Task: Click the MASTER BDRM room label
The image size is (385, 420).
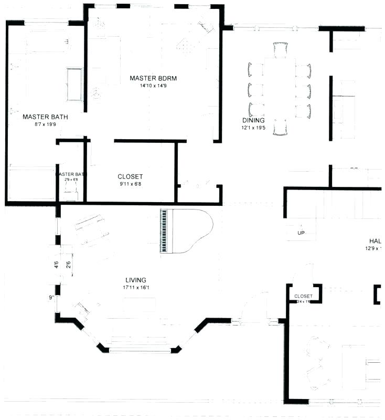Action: click(153, 79)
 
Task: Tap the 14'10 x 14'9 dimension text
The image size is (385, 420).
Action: click(153, 86)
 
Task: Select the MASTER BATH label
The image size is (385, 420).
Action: click(45, 117)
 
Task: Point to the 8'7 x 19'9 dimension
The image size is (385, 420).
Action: click(45, 124)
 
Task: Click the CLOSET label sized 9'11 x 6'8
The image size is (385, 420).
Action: click(130, 177)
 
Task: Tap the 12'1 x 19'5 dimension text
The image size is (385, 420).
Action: click(254, 128)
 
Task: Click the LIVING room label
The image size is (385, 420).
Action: click(135, 280)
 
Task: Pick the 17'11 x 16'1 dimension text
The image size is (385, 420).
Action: click(135, 287)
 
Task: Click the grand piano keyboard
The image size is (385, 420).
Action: click(165, 231)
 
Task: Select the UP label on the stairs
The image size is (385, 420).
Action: click(301, 233)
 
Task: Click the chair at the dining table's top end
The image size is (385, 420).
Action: click(281, 50)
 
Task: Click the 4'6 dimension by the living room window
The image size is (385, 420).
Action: click(57, 265)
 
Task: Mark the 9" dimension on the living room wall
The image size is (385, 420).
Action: click(52, 298)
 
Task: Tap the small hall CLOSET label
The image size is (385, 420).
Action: click(303, 296)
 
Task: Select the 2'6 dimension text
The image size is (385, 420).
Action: click(68, 265)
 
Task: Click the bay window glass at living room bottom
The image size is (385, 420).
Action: click(140, 350)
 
